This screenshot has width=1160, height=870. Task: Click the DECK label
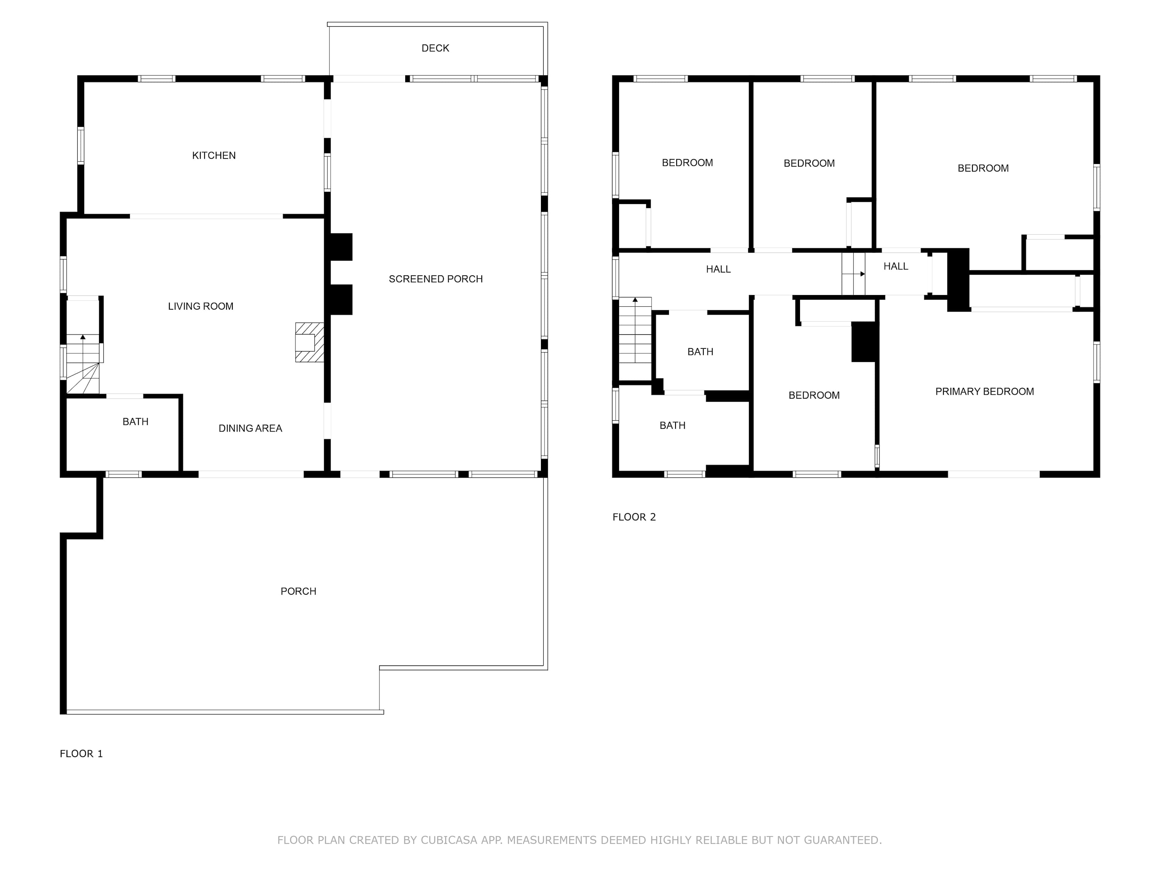[x=435, y=48]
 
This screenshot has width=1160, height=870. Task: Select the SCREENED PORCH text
[x=436, y=279]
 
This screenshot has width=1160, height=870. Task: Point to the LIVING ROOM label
[x=201, y=306]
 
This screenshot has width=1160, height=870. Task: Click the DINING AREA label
[x=250, y=428]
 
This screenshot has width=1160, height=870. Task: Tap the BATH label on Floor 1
[x=135, y=421]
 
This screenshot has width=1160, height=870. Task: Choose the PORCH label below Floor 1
[x=299, y=592]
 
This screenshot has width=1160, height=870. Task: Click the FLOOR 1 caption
[x=81, y=754]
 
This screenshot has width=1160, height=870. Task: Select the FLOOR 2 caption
[x=634, y=517]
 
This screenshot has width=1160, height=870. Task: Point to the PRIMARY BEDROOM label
[x=985, y=392]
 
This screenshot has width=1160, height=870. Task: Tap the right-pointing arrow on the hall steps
[x=854, y=274]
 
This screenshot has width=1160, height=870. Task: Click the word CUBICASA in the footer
[x=449, y=840]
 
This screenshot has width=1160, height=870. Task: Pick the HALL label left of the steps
[x=718, y=270]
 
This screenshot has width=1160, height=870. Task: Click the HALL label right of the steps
[x=896, y=266]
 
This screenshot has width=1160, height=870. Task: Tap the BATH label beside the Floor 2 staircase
[x=700, y=352]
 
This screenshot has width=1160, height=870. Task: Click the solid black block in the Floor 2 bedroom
[x=864, y=342]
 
